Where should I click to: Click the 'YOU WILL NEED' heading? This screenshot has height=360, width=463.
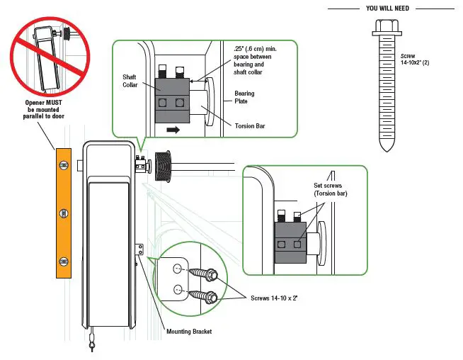(x=387, y=9)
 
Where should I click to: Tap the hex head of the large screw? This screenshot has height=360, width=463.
(x=387, y=27)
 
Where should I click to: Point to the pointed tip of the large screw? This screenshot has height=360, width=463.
(x=387, y=150)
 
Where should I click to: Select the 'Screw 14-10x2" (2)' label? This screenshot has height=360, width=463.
(x=415, y=59)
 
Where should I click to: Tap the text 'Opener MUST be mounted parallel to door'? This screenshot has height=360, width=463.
(x=44, y=109)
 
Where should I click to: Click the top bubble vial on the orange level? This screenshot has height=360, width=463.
(x=64, y=165)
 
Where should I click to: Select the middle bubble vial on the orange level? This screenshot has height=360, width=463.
(x=64, y=213)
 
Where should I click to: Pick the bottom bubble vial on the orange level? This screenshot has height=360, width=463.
(x=64, y=261)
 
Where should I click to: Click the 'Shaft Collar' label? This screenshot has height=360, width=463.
(x=130, y=81)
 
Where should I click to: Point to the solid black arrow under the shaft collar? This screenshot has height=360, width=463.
(x=173, y=130)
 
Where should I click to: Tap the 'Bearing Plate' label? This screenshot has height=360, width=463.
(x=244, y=97)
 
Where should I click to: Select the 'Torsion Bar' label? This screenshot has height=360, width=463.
(x=250, y=126)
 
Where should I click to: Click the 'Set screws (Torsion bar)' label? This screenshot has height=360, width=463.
(x=331, y=189)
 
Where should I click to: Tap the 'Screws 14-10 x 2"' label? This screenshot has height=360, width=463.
(x=274, y=298)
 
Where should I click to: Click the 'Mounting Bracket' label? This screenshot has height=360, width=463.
(x=189, y=332)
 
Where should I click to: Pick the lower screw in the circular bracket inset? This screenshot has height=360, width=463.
(x=203, y=296)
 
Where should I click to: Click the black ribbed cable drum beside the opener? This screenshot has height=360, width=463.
(x=163, y=167)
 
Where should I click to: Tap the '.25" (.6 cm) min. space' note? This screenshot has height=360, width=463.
(x=255, y=60)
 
